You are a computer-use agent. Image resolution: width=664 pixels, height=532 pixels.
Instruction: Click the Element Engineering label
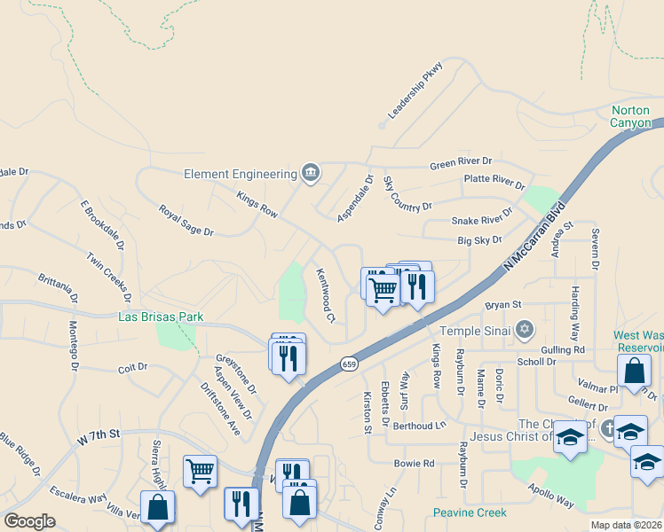[x=240, y=174]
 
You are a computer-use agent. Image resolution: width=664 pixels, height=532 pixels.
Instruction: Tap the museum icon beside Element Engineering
[x=310, y=172]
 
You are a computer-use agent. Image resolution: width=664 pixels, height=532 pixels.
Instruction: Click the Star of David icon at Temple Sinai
[x=524, y=330]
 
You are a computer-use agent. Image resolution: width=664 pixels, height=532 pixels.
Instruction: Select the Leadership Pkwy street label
[x=415, y=97]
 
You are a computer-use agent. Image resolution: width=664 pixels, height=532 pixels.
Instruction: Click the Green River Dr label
[x=461, y=162]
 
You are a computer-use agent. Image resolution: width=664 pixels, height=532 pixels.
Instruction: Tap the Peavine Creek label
[x=470, y=512]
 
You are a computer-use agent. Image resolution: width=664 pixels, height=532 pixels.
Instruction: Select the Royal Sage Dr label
[x=186, y=221]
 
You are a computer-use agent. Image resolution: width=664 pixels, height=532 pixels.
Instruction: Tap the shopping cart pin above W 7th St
[x=201, y=471]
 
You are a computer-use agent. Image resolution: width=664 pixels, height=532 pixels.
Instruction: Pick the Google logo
[x=29, y=521]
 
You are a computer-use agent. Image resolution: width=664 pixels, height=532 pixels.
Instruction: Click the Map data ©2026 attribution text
[x=626, y=525]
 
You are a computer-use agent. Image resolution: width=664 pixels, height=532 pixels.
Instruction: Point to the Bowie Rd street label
[x=415, y=463]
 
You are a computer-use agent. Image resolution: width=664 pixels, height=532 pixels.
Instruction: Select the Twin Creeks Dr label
[x=109, y=274]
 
